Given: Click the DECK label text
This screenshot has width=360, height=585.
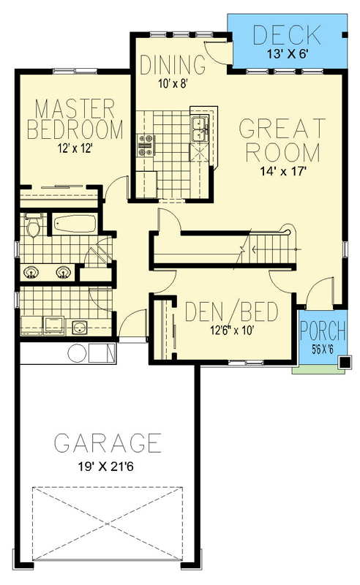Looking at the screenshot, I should [286, 34].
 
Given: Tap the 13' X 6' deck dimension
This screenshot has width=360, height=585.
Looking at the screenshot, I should [286, 53].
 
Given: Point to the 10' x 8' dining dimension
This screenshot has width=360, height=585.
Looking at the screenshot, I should [173, 83].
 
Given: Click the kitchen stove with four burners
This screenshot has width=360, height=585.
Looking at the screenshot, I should [145, 145].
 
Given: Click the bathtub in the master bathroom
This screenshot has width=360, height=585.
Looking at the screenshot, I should [72, 223].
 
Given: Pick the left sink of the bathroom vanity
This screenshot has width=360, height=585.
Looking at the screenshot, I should [31, 273].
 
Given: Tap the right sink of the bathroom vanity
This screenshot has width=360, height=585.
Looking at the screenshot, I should [64, 273].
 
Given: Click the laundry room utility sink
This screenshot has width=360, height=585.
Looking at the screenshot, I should [79, 326].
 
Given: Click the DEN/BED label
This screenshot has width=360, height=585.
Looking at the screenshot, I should [230, 313].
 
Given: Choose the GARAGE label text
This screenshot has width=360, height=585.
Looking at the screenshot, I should [108, 443].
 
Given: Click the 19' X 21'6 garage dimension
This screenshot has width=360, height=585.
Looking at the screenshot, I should [108, 465].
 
